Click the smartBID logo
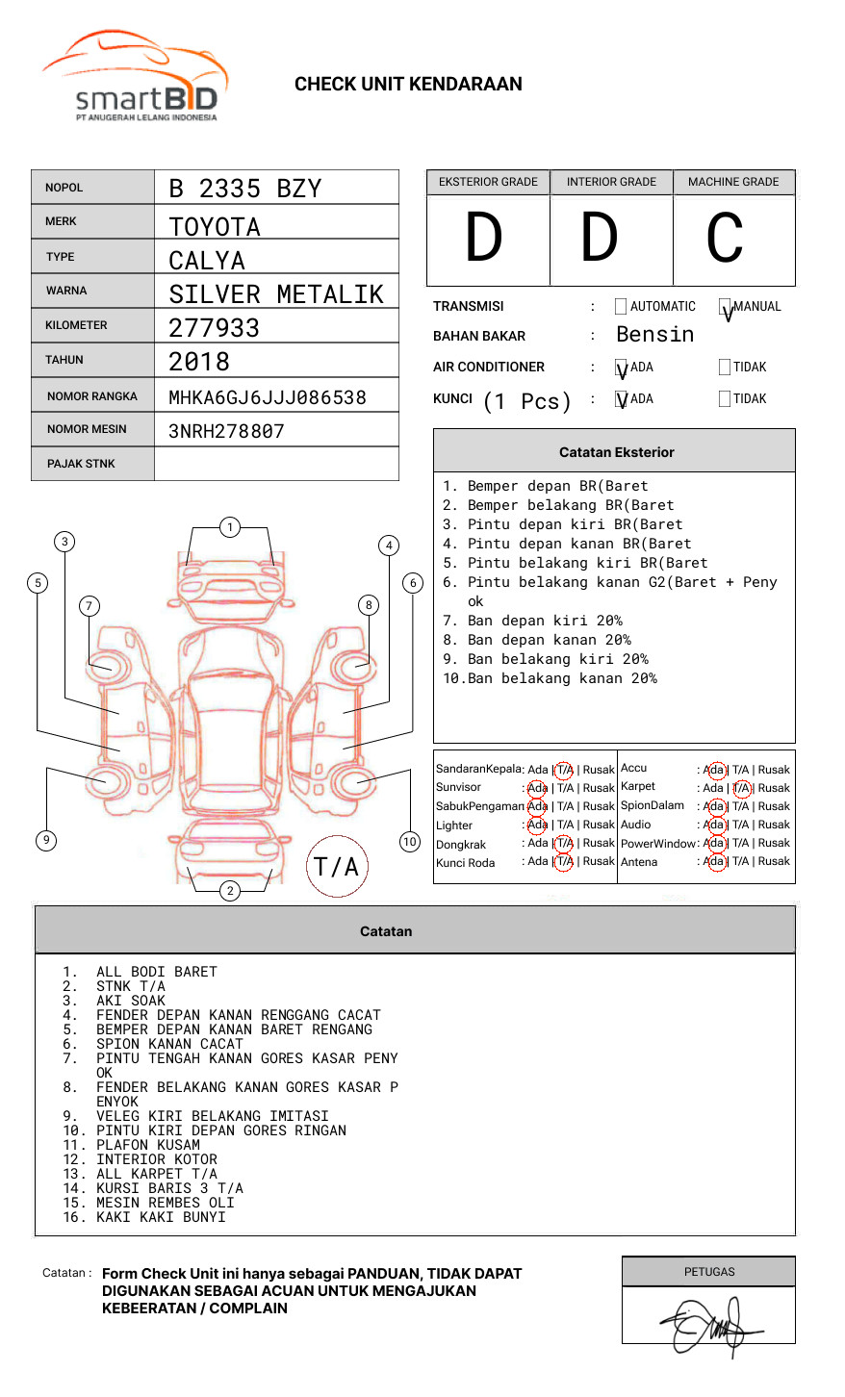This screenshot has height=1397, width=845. (136, 77)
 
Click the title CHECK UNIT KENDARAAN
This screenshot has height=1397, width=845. (408, 85)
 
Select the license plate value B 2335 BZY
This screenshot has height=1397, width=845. (244, 189)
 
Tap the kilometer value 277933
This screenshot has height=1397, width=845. (214, 328)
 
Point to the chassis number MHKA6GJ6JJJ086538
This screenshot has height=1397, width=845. (267, 397)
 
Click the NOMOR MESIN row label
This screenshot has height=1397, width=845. (87, 429)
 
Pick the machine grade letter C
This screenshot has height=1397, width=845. (724, 239)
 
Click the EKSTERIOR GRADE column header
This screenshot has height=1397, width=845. (488, 182)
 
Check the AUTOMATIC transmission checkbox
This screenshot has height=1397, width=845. (621, 307)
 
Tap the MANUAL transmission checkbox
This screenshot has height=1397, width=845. (725, 307)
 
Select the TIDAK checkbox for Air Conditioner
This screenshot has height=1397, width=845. (725, 368)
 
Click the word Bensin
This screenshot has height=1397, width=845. (654, 335)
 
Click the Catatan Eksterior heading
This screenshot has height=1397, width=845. (616, 452)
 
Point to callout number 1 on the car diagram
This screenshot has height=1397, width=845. (229, 527)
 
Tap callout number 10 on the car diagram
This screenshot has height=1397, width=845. (410, 842)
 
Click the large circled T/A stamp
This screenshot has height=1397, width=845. (337, 867)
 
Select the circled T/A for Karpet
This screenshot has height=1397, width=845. (741, 788)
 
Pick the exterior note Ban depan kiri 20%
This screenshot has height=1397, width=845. (544, 621)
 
